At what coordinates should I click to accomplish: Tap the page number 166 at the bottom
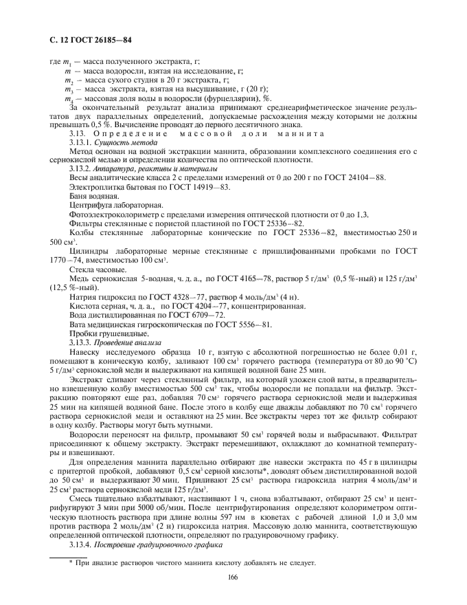tap(232, 577)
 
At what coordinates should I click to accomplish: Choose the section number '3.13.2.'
tap(84, 168)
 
